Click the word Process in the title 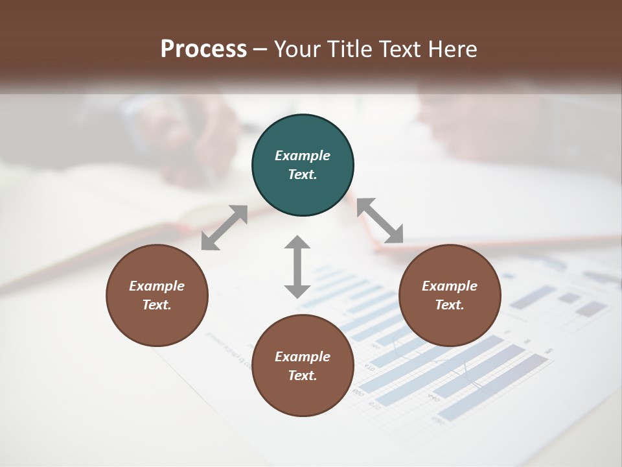tap(203, 49)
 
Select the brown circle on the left tap(157, 324)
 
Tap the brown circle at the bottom tap(303, 396)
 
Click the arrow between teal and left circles tap(224, 227)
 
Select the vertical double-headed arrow tap(297, 267)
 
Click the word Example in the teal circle tap(303, 156)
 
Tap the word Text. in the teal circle tap(303, 174)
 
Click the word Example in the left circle tap(157, 286)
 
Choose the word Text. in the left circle tap(157, 305)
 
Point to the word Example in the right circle tap(450, 286)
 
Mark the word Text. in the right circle tap(450, 305)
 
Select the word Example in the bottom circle tap(303, 357)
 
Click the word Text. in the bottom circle tap(303, 376)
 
